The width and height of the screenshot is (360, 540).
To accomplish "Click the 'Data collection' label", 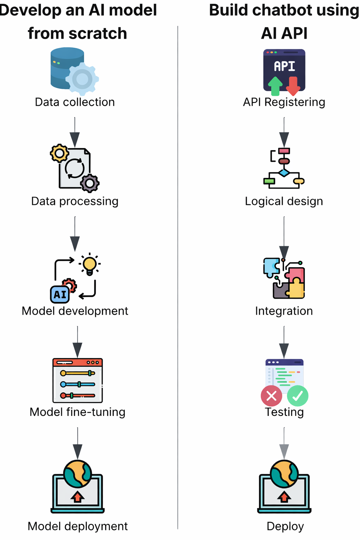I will pos(75,102).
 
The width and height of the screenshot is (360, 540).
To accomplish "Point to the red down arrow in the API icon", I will pos(293,85).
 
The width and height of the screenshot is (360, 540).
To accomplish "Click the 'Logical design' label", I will pos(284,201).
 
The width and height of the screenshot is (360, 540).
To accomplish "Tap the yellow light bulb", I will pos(90,264).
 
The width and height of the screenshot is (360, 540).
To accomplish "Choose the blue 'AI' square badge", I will pos(60,295).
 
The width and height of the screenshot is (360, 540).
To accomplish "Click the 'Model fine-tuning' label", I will pos(77,412).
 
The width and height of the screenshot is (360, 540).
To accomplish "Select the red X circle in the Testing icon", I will pos(271,396).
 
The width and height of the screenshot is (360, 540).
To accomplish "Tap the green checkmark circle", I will pos(298,396).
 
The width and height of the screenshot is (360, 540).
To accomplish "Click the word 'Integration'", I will pos(284,311).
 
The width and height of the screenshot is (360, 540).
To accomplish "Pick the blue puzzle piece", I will pos(271,267).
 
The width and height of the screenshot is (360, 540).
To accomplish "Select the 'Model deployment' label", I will pos(77,526).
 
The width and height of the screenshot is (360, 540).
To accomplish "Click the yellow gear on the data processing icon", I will pos(59,153).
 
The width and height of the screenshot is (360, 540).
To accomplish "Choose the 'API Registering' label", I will pos(284,102).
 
